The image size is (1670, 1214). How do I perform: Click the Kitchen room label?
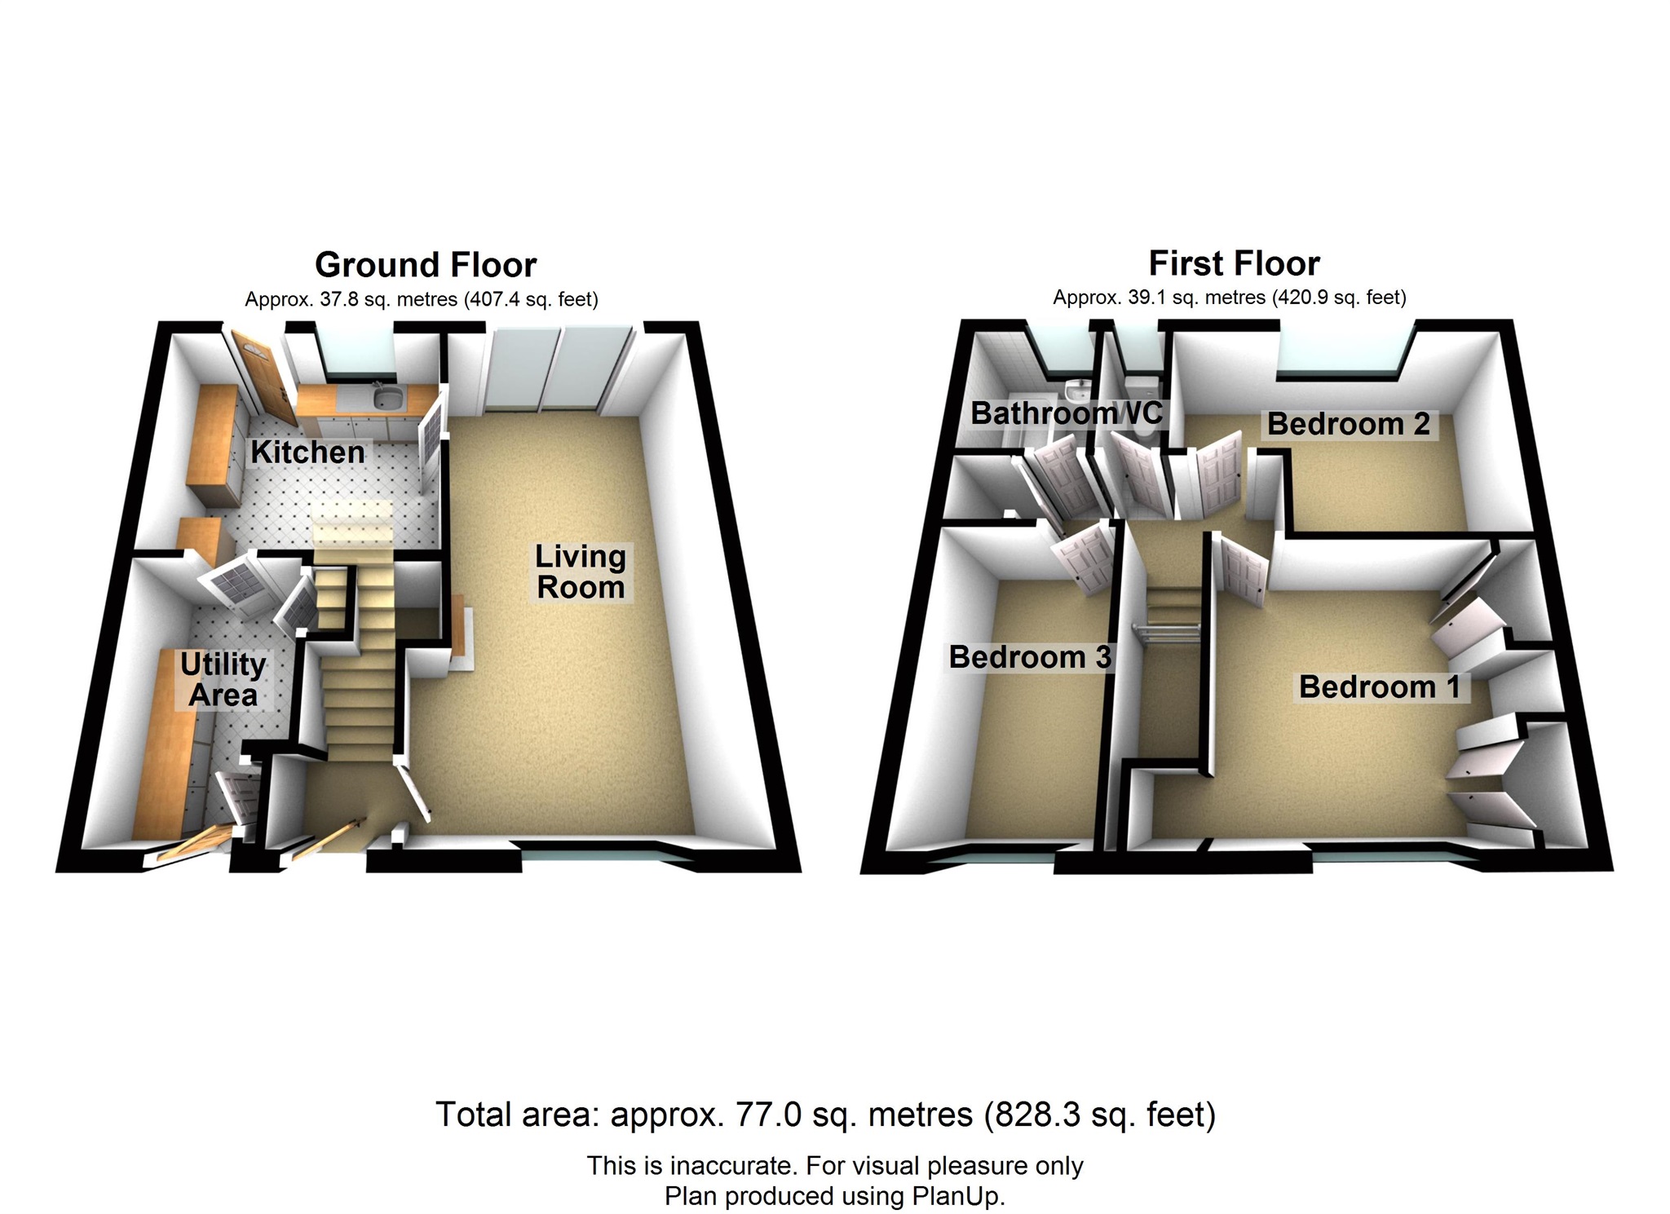click(307, 452)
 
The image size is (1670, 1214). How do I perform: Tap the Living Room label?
click(581, 572)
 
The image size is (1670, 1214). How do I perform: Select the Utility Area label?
click(223, 680)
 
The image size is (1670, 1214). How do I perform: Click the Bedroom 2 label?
click(1349, 424)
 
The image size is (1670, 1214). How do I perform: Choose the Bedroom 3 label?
click(1030, 657)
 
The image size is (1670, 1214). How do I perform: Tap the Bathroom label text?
click(1042, 413)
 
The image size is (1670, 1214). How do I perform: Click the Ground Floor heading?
click(426, 265)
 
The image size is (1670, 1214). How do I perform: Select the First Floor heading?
click(1234, 263)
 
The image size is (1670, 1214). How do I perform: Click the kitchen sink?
click(385, 399)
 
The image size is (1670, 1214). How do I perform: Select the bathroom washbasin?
click(1078, 388)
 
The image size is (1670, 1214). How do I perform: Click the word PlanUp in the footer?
click(957, 1196)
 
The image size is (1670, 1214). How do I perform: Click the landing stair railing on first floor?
click(1169, 631)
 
